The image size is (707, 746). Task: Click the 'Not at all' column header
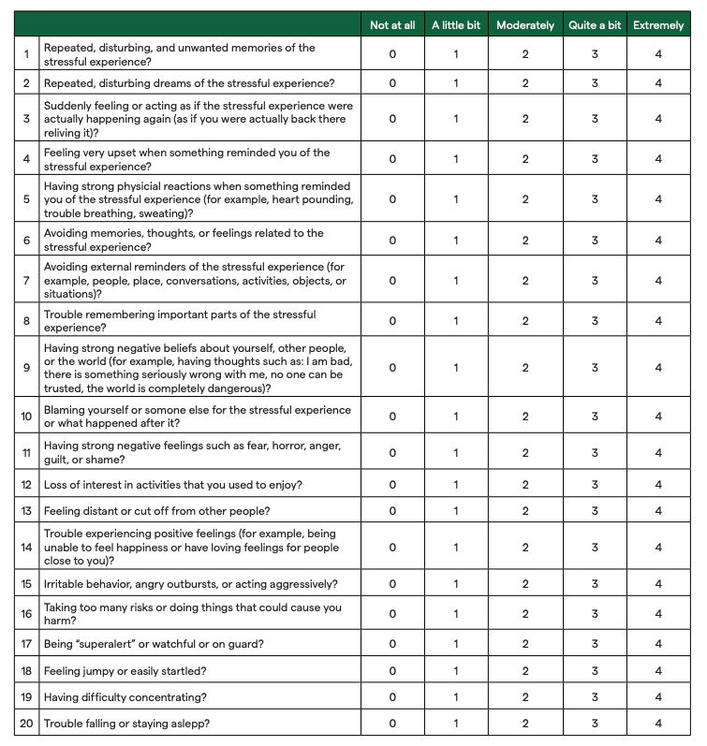[392, 25]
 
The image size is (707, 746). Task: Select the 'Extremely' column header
[658, 25]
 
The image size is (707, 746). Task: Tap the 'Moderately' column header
[525, 25]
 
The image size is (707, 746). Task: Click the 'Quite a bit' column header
[595, 25]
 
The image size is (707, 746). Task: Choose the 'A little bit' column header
[456, 25]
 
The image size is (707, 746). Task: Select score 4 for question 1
[658, 54]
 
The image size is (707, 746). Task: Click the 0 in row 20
[392, 724]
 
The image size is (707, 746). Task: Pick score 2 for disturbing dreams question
[525, 83]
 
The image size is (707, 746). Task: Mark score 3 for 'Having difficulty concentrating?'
[595, 697]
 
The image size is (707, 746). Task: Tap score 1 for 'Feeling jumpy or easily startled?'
[456, 671]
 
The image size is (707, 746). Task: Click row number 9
[26, 368]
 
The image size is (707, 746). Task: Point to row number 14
[26, 548]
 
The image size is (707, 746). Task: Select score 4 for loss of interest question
[658, 485]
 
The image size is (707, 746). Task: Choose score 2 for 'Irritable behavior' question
[525, 584]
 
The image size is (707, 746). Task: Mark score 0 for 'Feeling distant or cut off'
[392, 511]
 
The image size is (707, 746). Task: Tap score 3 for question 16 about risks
[595, 614]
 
